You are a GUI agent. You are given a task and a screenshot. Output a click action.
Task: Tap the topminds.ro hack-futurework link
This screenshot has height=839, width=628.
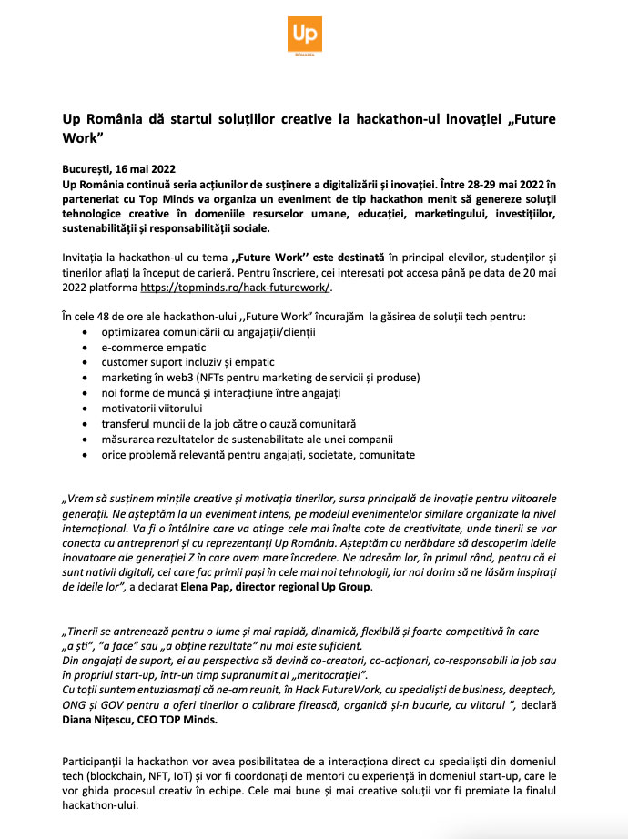click(236, 287)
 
